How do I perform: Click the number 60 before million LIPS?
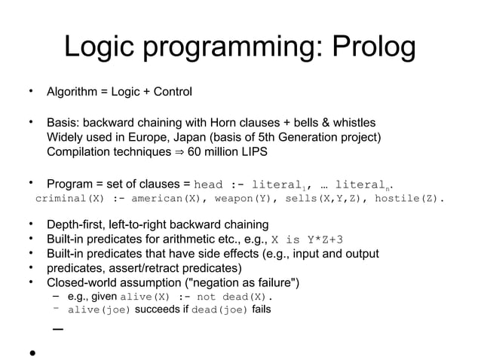(x=196, y=152)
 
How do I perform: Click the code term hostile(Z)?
(x=408, y=200)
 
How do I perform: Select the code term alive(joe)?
(x=100, y=310)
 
